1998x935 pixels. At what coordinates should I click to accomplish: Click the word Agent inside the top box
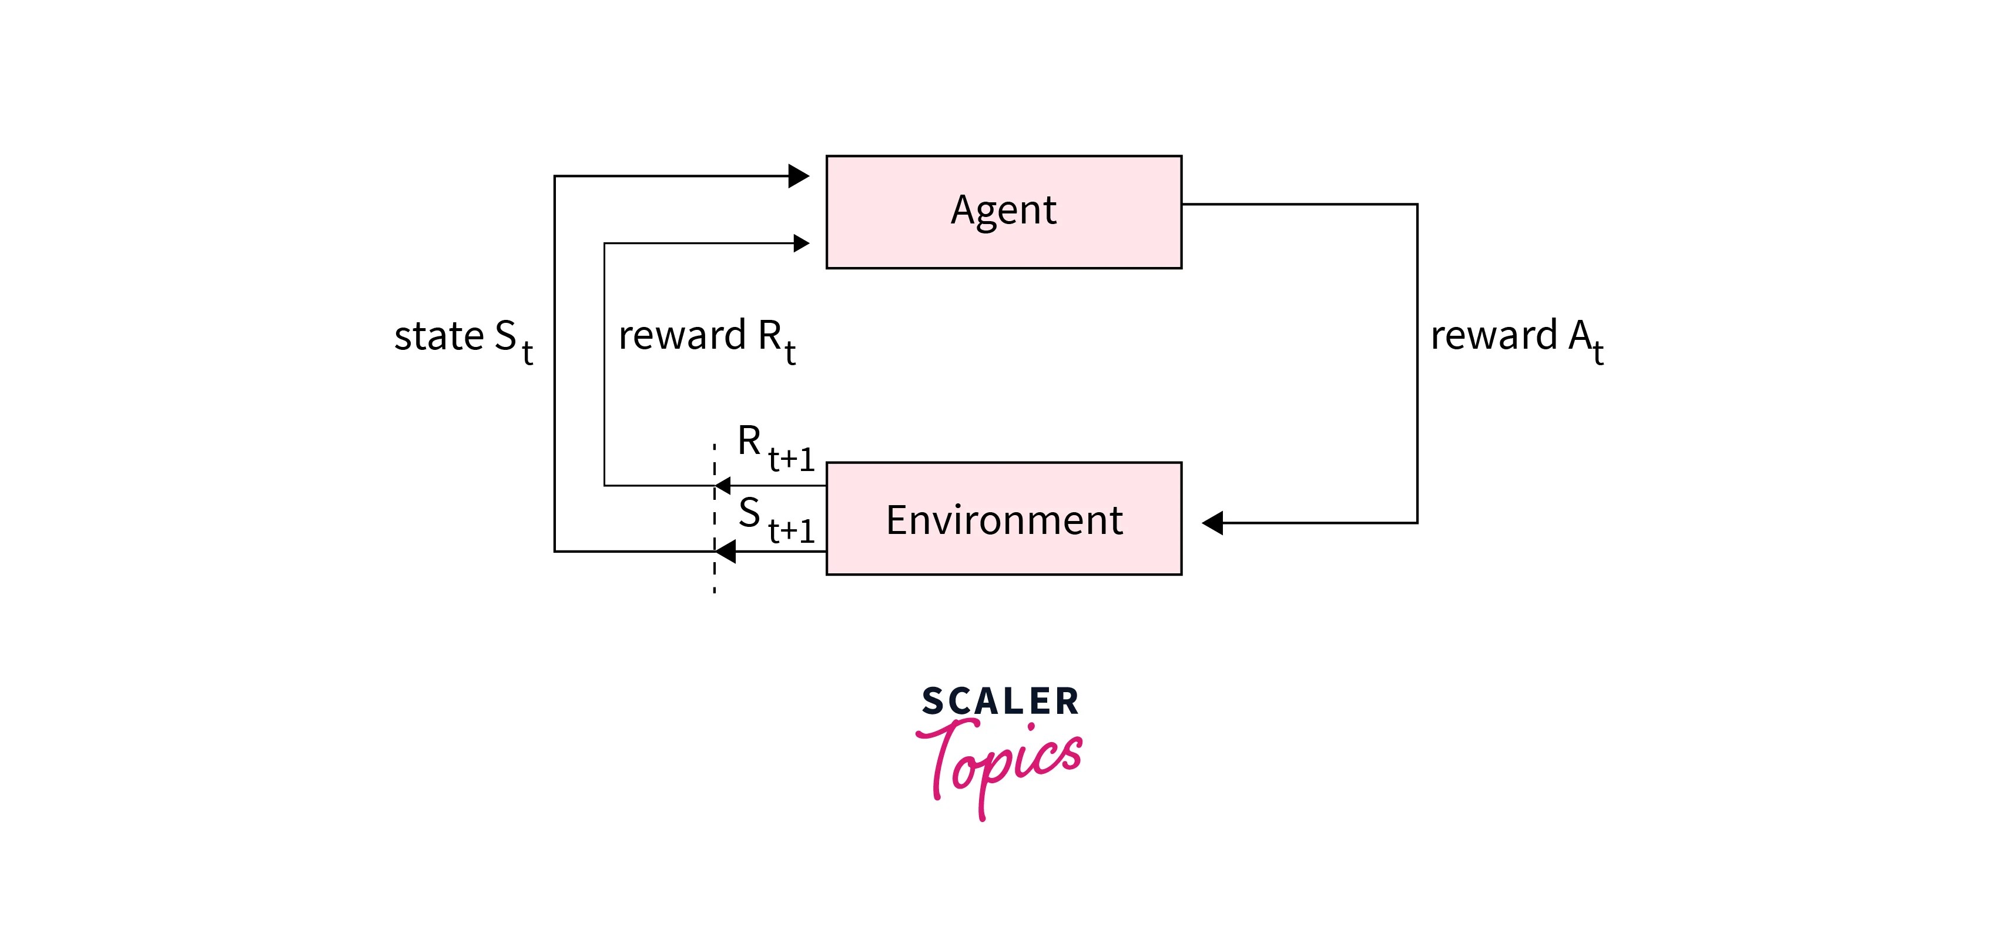pos(1003,211)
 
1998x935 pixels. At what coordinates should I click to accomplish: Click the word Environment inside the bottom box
pos(1004,520)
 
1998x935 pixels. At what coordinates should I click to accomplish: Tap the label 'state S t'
pos(463,339)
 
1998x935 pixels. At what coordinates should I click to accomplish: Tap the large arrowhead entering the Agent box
pos(798,176)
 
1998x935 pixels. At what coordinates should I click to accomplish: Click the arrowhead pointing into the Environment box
pos(1212,523)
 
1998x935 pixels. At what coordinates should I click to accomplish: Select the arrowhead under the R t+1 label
pos(723,486)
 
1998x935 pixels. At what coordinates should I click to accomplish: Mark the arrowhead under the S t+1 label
pos(725,552)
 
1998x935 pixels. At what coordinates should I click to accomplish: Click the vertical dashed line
pos(715,574)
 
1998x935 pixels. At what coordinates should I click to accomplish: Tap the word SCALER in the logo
pos(1000,702)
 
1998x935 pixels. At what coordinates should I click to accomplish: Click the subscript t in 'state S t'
pos(528,353)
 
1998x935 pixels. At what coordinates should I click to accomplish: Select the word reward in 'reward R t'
pos(682,336)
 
